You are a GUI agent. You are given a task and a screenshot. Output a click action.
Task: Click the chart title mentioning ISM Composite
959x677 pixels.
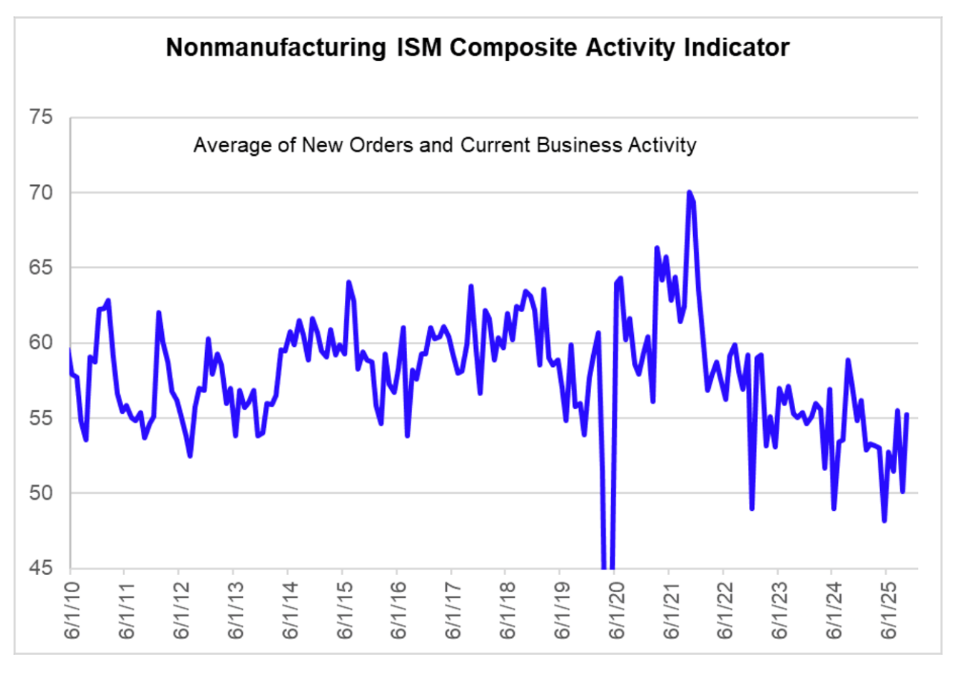coord(478,48)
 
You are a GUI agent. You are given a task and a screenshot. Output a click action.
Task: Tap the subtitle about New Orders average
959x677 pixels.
coord(445,144)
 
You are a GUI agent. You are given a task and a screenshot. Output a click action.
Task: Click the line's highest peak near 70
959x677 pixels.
coord(689,192)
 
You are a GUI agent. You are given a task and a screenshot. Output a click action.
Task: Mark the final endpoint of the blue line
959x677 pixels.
coord(907,415)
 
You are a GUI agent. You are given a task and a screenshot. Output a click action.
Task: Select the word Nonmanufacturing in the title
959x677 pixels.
coord(270,48)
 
